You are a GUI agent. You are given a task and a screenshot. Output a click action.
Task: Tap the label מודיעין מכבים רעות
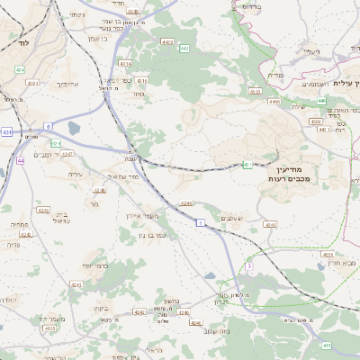coord(288,174)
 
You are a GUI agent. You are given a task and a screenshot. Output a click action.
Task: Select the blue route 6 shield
coord(46,127)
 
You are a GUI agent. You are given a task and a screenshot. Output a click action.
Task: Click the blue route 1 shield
coord(201,220)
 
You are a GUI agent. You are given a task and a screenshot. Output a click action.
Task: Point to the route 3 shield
coord(249,266)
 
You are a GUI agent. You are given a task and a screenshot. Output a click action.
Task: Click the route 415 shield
coord(325,344)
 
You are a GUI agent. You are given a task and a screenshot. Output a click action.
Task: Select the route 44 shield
coord(20,160)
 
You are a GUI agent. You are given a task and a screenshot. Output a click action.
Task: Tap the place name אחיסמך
coord(69,83)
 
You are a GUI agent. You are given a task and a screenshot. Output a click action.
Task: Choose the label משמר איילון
coord(141,217)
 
